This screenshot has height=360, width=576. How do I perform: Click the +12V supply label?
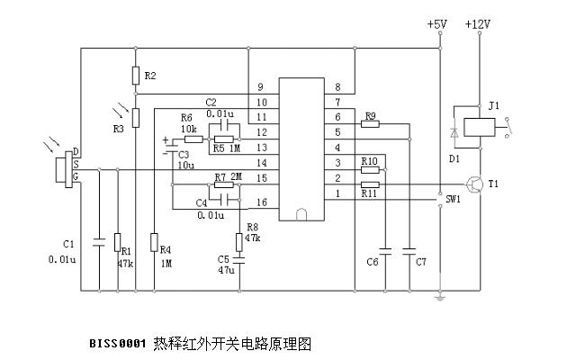[478, 24]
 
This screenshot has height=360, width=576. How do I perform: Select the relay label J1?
[493, 105]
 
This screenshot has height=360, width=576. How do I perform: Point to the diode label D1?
[454, 158]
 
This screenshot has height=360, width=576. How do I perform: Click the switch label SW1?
[454, 199]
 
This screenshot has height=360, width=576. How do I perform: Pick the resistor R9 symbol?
[370, 124]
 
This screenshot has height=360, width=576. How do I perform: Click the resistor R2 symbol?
[135, 76]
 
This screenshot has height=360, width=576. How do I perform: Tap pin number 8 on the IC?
[337, 87]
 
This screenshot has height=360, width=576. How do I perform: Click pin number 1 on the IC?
[337, 193]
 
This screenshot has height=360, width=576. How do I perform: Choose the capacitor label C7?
[419, 262]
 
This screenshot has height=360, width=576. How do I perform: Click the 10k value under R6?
[189, 130]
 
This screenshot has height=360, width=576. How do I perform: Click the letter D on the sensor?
[76, 151]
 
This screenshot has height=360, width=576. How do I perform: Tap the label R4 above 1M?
[166, 250]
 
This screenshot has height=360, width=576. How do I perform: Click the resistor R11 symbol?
[369, 185]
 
